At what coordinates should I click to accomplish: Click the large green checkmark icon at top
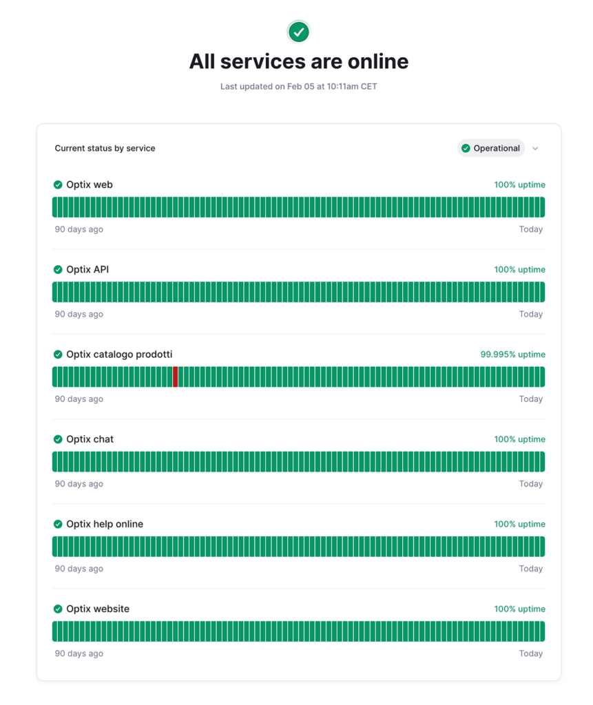(x=298, y=32)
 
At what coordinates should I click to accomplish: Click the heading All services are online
(x=298, y=61)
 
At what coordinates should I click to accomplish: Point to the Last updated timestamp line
(x=298, y=87)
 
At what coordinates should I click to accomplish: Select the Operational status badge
(x=491, y=148)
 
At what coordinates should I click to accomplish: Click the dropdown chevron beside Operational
(x=535, y=149)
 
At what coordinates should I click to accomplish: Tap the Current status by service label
(x=105, y=148)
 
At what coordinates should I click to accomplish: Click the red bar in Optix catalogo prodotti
(x=176, y=377)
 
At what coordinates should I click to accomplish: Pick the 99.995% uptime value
(x=512, y=355)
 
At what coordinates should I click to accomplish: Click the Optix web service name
(x=90, y=185)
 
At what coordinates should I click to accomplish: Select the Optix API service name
(x=87, y=269)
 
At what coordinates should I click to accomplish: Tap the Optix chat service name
(x=90, y=439)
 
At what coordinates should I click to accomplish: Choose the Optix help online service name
(x=105, y=524)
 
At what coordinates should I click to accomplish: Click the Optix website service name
(x=98, y=609)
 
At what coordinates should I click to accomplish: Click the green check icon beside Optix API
(x=58, y=270)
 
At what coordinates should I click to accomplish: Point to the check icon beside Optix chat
(x=58, y=439)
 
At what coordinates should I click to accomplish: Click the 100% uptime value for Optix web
(x=519, y=185)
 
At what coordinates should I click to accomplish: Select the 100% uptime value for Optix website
(x=519, y=609)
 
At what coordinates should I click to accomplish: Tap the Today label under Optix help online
(x=530, y=569)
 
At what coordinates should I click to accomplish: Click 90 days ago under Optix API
(x=79, y=314)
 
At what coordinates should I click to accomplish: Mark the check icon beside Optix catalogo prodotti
(x=58, y=355)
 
